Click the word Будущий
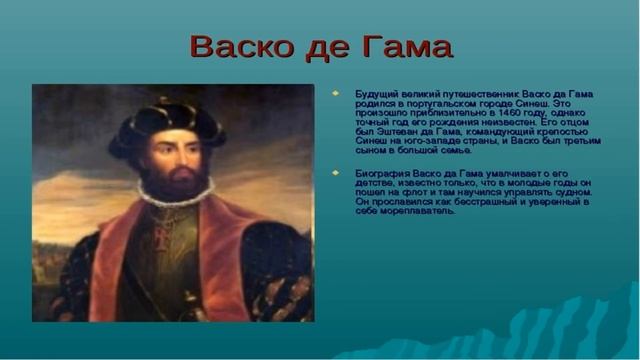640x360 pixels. [x=375, y=94]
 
